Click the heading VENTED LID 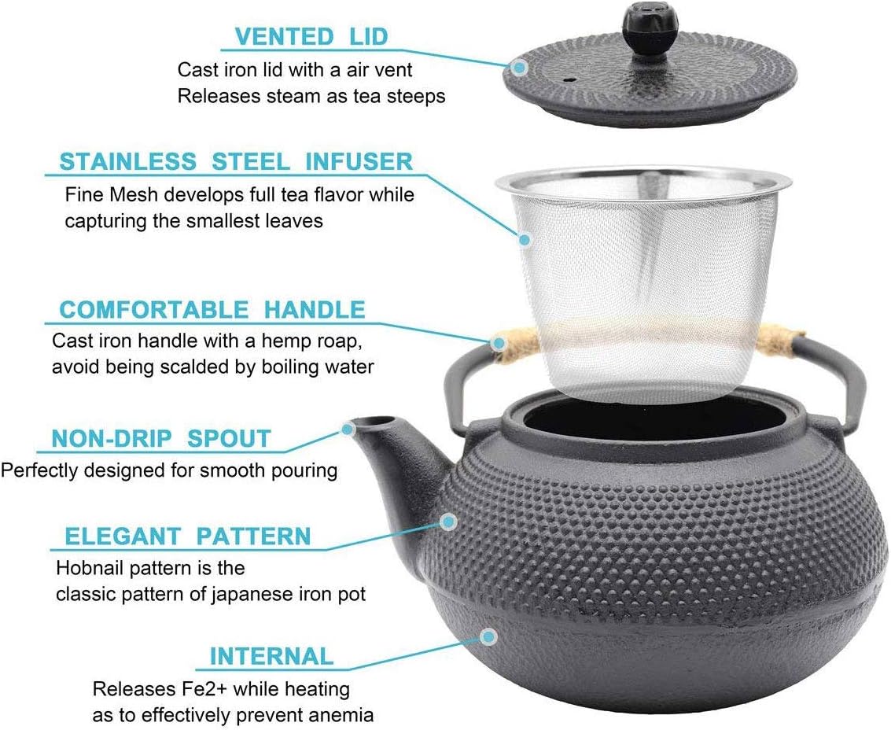[x=311, y=36]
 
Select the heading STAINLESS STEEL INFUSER [x=236, y=161]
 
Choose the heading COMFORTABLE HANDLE [x=212, y=310]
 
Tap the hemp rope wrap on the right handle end [x=779, y=339]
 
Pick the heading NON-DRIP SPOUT [x=160, y=438]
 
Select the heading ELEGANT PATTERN [x=187, y=536]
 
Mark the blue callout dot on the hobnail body [x=450, y=521]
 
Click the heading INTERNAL [x=271, y=656]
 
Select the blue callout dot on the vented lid [x=518, y=68]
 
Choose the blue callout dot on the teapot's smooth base [x=488, y=636]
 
